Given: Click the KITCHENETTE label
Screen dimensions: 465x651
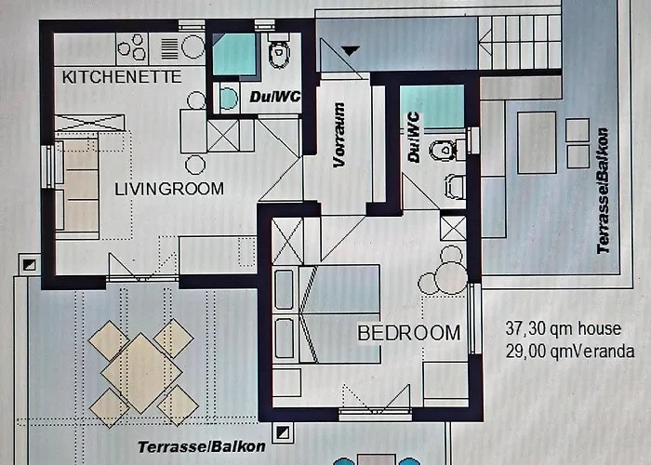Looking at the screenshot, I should click(x=121, y=77).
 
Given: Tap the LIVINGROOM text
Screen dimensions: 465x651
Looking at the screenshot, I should click(x=169, y=189).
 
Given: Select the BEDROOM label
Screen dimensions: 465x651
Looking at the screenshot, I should click(x=409, y=332).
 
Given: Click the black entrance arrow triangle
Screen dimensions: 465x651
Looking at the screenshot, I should click(x=351, y=49).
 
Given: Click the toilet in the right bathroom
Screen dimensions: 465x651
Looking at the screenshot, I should click(x=444, y=148).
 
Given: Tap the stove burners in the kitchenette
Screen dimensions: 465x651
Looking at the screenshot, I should click(x=133, y=46).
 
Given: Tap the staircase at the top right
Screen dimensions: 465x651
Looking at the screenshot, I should click(x=526, y=41).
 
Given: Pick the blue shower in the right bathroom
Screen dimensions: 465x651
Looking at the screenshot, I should click(x=434, y=105).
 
